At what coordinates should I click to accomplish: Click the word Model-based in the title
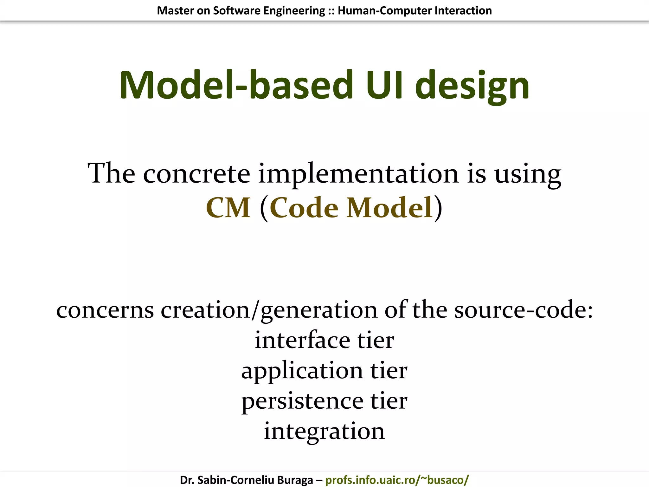coord(236,85)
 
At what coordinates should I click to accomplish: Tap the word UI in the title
coord(384,85)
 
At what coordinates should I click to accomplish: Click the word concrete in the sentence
coord(196,173)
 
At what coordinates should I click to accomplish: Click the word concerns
coord(105,310)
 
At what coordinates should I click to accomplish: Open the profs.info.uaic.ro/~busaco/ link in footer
coord(397,480)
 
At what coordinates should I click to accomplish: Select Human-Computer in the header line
coord(384,11)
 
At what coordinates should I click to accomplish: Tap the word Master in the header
coord(175,11)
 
